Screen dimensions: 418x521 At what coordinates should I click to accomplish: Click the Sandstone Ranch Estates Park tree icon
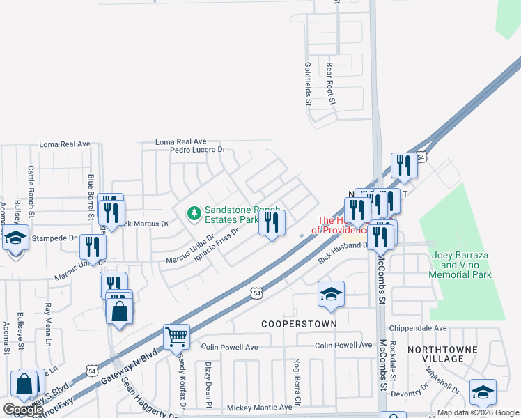pos(194,212)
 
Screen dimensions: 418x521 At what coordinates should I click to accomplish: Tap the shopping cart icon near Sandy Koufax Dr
pos(176,337)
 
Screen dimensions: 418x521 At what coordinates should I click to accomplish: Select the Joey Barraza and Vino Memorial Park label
pos(460,265)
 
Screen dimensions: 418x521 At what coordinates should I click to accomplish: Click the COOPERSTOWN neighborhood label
pos(299,324)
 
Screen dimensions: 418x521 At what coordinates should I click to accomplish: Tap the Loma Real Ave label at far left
pos(65,144)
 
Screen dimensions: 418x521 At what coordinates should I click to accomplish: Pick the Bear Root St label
pos(332,83)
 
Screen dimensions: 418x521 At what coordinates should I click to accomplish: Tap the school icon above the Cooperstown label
pos(331,293)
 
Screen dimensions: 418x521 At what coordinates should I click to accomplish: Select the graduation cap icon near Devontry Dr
pos(483,392)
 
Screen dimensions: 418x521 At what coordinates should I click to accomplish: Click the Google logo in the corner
pos(23,410)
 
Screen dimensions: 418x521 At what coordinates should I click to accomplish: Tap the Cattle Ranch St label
pos(31,183)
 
